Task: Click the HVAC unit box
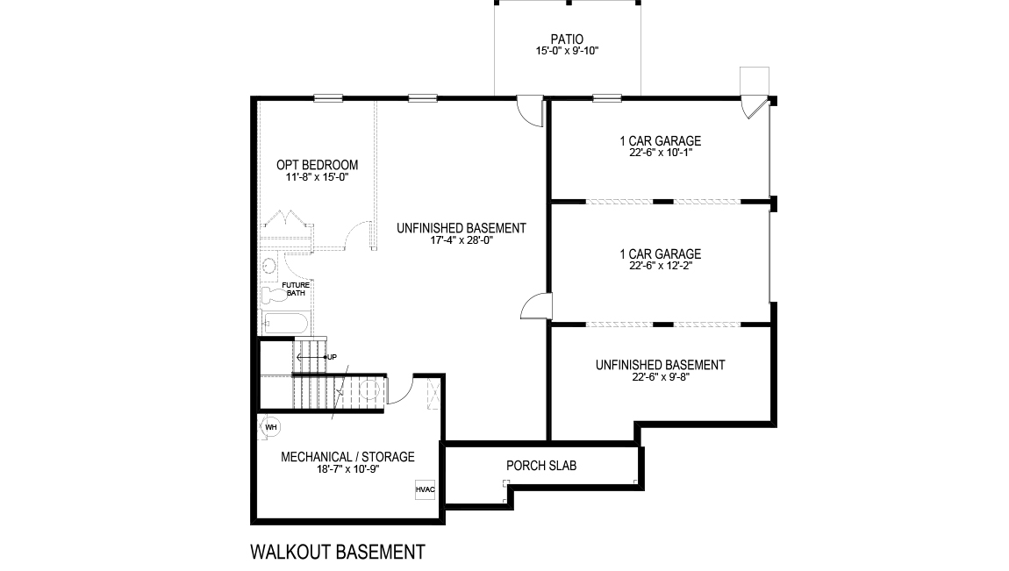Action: coord(426,489)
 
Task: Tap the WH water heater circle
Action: coord(271,427)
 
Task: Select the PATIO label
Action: coord(567,39)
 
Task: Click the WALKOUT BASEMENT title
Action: coord(338,552)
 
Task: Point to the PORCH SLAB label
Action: coord(541,465)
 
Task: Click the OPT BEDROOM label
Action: coord(318,165)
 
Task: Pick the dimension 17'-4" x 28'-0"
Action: coord(462,240)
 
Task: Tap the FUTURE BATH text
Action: coord(296,289)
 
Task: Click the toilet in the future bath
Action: coord(275,295)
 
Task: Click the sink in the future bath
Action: coord(269,266)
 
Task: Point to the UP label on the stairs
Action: coord(332,357)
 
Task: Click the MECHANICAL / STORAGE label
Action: coord(347,457)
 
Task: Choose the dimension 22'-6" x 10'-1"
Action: coord(661,153)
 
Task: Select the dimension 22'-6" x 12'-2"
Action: coord(661,265)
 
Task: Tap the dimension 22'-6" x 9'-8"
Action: coord(661,377)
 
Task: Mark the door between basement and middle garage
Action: coord(535,306)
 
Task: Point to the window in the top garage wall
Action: coord(607,98)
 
